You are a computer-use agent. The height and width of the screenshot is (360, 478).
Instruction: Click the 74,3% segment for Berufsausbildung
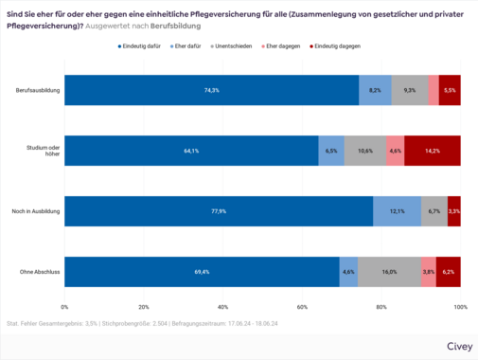pyautogui.click(x=211, y=90)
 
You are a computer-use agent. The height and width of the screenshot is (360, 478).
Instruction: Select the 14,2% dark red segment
pyautogui.click(x=433, y=151)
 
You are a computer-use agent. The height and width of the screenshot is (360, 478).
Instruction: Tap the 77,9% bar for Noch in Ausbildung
pyautogui.click(x=219, y=211)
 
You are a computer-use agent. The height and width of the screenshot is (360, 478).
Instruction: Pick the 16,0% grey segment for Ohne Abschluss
pyautogui.click(x=389, y=272)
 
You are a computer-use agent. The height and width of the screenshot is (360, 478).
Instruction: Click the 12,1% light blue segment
pyautogui.click(x=397, y=211)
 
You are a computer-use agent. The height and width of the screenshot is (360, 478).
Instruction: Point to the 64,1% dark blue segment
pyautogui.click(x=191, y=151)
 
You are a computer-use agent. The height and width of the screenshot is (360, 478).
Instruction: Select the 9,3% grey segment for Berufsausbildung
pyautogui.click(x=409, y=90)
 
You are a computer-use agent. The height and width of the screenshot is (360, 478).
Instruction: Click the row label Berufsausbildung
pyautogui.click(x=39, y=90)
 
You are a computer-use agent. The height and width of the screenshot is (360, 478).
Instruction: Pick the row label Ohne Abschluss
pyautogui.click(x=41, y=272)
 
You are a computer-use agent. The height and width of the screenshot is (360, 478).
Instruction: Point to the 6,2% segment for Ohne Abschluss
pyautogui.click(x=449, y=272)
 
